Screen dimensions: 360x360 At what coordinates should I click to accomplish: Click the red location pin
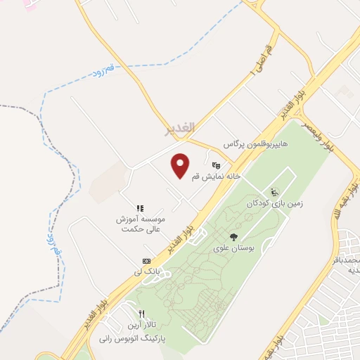click(x=181, y=165)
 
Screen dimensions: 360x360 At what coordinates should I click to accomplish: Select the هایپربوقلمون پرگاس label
click(x=247, y=144)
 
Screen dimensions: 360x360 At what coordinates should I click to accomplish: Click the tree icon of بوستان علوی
click(x=233, y=238)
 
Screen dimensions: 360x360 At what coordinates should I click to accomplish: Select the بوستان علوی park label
click(x=233, y=249)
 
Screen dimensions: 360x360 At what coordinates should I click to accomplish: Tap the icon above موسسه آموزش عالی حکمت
click(x=140, y=208)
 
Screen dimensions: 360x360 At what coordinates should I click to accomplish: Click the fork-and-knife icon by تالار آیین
click(x=141, y=314)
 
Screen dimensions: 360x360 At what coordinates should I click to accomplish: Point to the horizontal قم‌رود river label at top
click(x=102, y=70)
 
